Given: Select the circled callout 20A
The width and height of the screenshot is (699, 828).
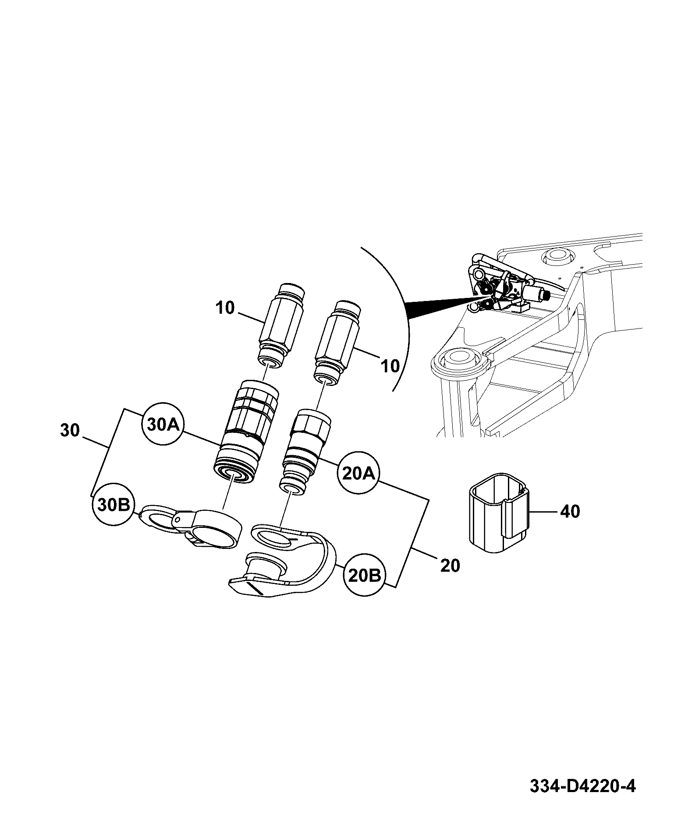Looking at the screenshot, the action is click(358, 473).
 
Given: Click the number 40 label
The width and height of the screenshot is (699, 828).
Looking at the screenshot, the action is click(570, 511).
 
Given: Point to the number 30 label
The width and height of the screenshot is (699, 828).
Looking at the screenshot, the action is click(70, 430).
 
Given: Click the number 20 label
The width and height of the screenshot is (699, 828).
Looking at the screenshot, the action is click(450, 566).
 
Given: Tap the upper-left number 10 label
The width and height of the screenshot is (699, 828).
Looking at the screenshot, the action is click(225, 308).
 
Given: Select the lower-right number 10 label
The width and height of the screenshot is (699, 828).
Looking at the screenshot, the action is click(390, 365).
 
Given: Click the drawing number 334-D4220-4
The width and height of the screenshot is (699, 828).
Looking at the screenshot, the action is click(582, 786).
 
